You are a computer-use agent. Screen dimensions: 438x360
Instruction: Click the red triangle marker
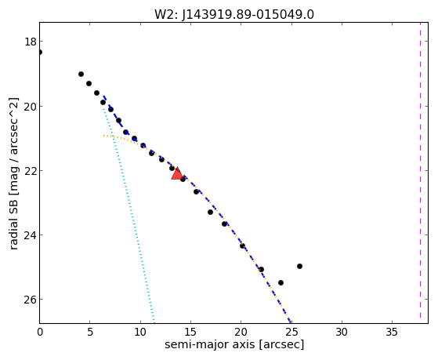point(177,174)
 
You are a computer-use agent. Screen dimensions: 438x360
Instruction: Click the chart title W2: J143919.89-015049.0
point(234,15)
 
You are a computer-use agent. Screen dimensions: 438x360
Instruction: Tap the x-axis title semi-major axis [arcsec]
point(234,344)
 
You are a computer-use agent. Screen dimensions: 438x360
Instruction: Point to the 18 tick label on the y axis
point(31,42)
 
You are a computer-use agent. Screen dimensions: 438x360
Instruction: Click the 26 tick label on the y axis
point(31,300)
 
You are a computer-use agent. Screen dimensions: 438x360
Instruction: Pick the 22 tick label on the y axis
point(31,171)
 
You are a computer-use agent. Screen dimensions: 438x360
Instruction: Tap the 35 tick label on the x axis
point(392,332)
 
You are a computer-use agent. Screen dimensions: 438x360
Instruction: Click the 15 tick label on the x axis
point(190,332)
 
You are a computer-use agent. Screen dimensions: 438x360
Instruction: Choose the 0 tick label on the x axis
point(40,332)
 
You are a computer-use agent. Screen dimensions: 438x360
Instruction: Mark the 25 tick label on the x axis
point(291,332)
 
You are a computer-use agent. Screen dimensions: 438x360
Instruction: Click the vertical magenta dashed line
point(420,173)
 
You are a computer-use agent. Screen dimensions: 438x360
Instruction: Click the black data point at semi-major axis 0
point(40,52)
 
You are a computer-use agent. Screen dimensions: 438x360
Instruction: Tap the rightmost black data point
point(299,267)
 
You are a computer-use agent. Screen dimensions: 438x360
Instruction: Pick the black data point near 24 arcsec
point(281,283)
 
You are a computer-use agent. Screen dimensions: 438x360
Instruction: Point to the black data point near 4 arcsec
point(81,75)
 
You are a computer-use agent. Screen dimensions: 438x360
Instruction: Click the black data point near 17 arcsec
point(210,213)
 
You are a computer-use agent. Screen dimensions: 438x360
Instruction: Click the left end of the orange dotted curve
point(103,136)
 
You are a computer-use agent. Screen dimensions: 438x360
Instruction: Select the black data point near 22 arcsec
point(261,270)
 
